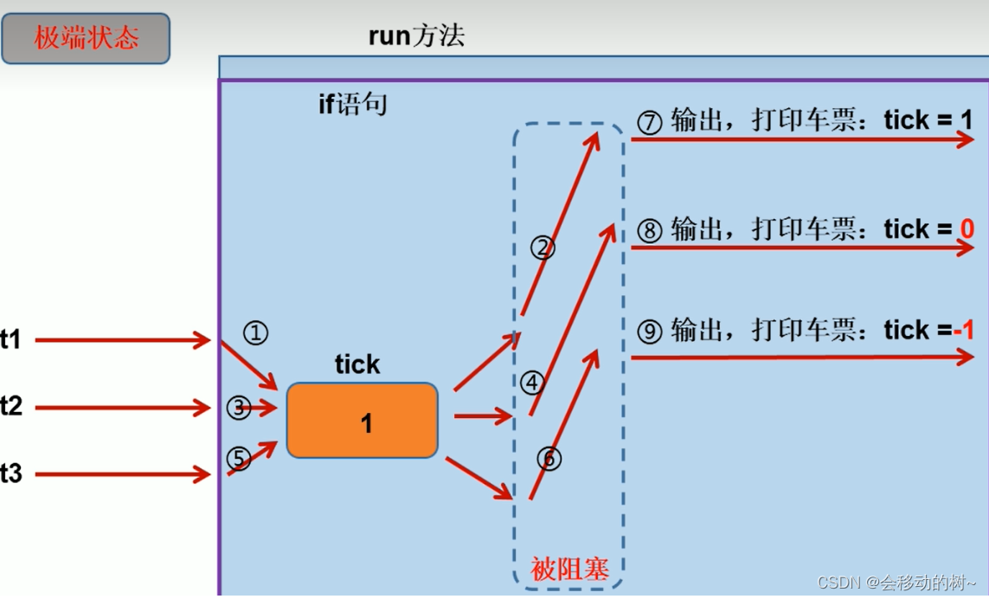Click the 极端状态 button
coord(86,39)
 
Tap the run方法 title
coord(416,35)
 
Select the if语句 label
coord(352,106)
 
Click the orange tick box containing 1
coord(363,421)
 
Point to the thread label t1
coord(10,340)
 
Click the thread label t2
coord(11,406)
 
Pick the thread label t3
coord(11,473)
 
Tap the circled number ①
coord(255,332)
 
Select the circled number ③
coord(239,407)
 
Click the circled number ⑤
coord(239,458)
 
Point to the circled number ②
coord(543,248)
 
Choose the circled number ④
coord(532,382)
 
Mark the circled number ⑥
coord(549,458)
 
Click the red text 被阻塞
coord(569,569)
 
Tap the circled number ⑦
coord(649,122)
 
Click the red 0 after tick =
coord(967,229)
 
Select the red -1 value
coord(964,330)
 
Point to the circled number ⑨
coord(649,331)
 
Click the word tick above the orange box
coord(357,364)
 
